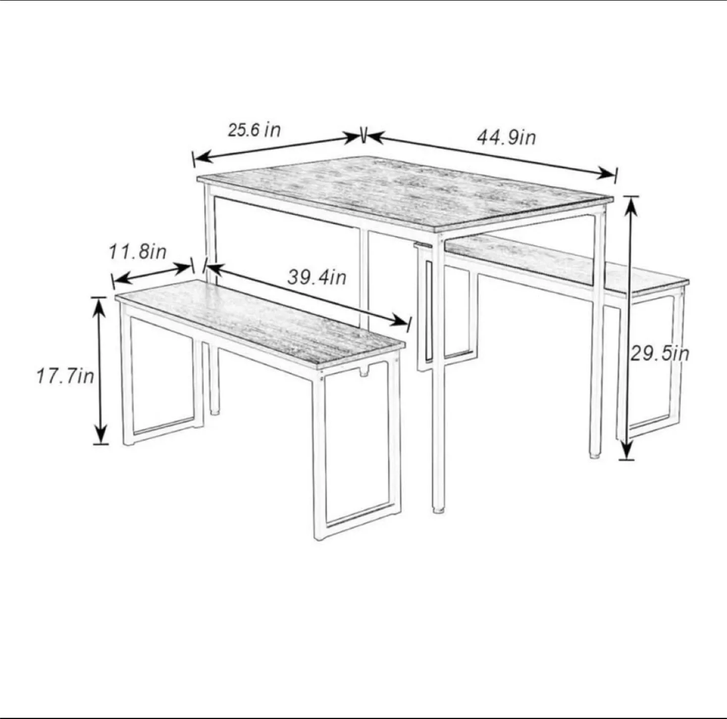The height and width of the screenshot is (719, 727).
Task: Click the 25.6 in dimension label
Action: click(254, 130)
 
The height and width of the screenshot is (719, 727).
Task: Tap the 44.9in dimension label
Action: click(506, 137)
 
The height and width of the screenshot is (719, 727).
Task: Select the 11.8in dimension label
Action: click(138, 252)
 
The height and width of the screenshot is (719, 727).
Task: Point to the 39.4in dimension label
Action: click(317, 277)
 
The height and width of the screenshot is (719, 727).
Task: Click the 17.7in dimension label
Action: click(65, 376)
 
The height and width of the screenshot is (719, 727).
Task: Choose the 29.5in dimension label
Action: click(660, 354)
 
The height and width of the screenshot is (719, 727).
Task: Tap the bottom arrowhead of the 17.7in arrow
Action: click(100, 434)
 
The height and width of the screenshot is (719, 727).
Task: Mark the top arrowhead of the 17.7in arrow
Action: click(99, 308)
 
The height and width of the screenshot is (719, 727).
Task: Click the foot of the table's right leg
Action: click(595, 455)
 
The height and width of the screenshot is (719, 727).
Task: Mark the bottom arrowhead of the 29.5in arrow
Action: click(627, 449)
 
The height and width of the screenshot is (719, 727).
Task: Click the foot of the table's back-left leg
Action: click(214, 412)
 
